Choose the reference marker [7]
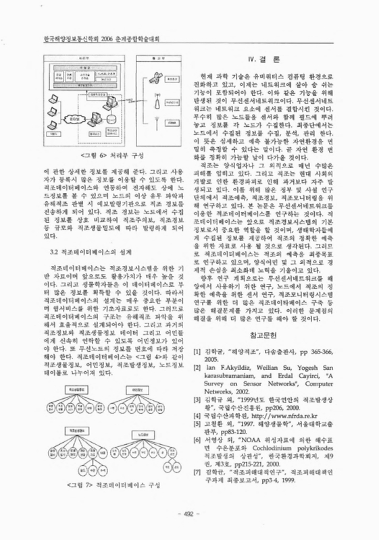coord(197,486)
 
